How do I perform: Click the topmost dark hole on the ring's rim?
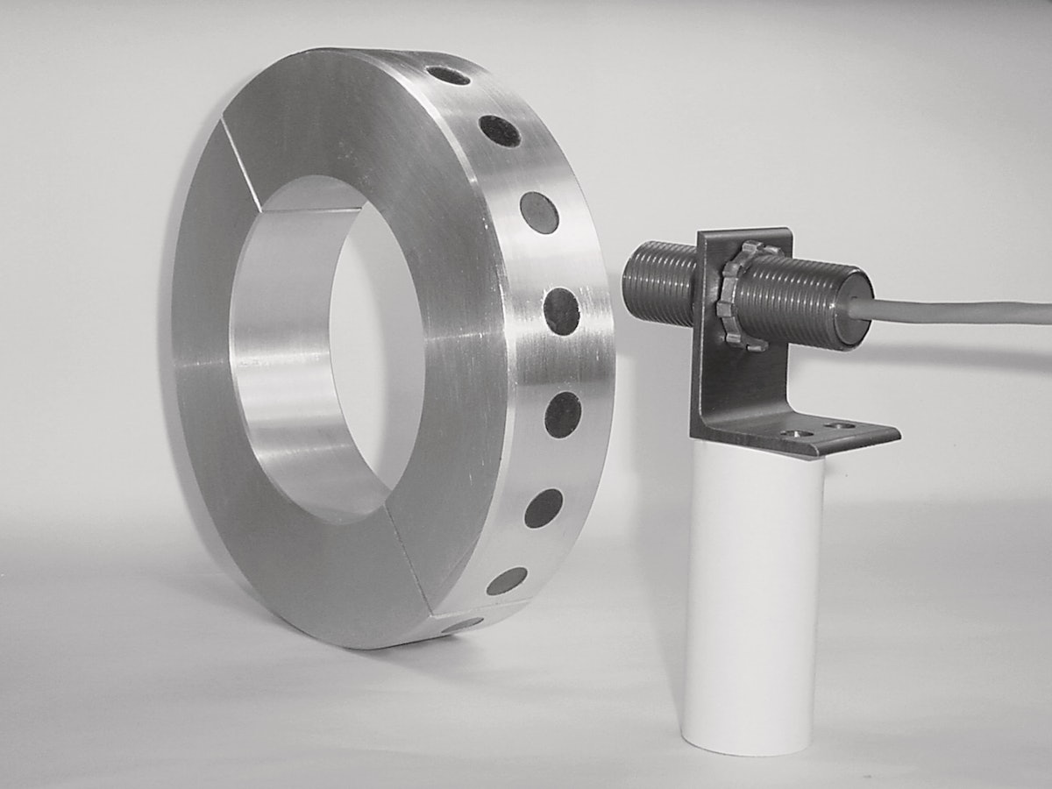pyautogui.click(x=449, y=76)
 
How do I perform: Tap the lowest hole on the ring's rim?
pyautogui.click(x=462, y=624)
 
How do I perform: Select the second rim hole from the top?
pyautogui.click(x=500, y=131)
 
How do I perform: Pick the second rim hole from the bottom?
pyautogui.click(x=507, y=580)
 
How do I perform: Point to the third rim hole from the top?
pyautogui.click(x=539, y=212)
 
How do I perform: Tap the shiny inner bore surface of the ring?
pyautogui.click(x=281, y=351)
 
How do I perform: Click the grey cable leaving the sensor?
pyautogui.click(x=964, y=310)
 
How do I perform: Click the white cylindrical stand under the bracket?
pyautogui.click(x=754, y=596)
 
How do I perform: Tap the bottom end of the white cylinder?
pyautogui.click(x=750, y=741)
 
